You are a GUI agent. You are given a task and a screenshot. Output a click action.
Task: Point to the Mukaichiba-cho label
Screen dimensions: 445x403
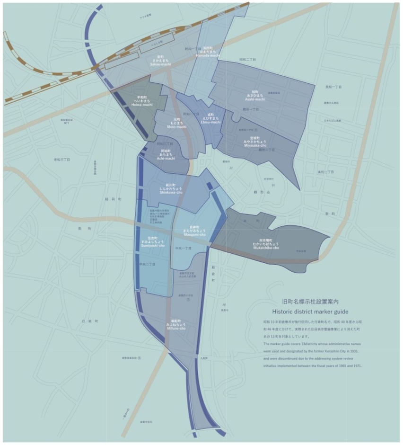point(265,244)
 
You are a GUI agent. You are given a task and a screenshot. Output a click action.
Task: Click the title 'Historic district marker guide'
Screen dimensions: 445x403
point(310,311)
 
